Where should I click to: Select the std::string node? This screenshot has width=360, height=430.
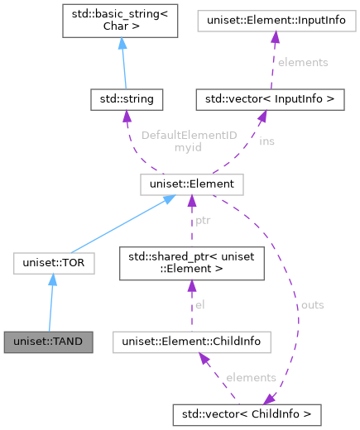click(x=127, y=99)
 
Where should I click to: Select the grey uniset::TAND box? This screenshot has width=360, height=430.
click(x=49, y=341)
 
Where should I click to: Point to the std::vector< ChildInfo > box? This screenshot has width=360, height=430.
click(x=247, y=411)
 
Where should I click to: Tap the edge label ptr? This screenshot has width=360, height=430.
click(x=203, y=221)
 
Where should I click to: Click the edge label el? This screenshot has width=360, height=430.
click(x=199, y=305)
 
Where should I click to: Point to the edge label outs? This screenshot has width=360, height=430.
click(x=311, y=305)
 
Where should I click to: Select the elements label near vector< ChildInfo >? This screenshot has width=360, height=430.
click(x=251, y=377)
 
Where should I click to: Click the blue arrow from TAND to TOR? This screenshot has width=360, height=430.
click(x=51, y=302)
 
